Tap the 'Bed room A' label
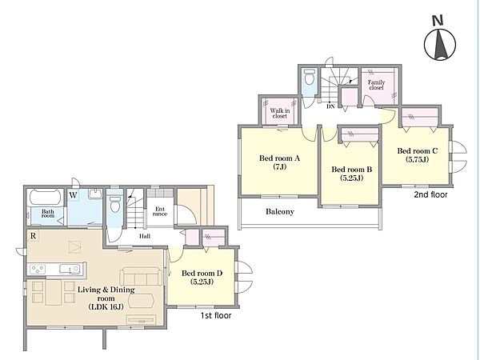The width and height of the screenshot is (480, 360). click(x=279, y=158)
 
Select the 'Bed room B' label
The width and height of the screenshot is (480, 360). click(x=352, y=170)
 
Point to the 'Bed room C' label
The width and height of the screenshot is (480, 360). click(x=418, y=151)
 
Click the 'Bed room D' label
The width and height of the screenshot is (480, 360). click(x=202, y=273)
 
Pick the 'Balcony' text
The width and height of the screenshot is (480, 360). click(x=280, y=211)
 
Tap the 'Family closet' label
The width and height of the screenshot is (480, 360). click(x=376, y=85)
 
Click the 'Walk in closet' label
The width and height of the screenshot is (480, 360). click(x=280, y=114)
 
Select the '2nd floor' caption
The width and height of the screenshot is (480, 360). click(x=430, y=194)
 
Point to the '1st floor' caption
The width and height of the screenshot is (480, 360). click(x=216, y=315)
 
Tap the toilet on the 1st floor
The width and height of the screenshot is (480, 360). click(x=114, y=202)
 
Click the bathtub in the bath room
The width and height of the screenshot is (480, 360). click(x=46, y=198)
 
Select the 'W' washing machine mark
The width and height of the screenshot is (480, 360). click(x=73, y=195)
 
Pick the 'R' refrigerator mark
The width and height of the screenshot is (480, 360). click(x=33, y=236)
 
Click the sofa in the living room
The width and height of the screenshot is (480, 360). click(x=141, y=277)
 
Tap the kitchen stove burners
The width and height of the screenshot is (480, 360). click(x=38, y=270)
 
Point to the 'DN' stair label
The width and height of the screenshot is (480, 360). click(x=330, y=106)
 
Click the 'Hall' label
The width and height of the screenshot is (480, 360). click(x=145, y=236)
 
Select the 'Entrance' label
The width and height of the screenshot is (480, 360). click(x=160, y=211)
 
